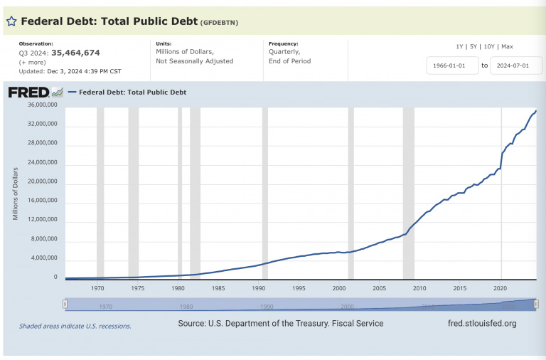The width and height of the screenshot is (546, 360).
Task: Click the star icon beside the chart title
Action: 11,21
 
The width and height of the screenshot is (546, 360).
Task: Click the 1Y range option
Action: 460,46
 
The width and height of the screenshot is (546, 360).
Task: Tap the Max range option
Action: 508,46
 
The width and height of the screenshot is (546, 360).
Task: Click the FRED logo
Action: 28,92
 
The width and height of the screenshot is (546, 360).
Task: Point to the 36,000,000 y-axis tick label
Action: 41,105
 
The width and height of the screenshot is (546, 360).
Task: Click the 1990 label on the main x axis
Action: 259,288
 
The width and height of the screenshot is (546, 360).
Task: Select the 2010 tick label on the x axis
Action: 419,288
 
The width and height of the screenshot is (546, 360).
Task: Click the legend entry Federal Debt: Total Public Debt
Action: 132,92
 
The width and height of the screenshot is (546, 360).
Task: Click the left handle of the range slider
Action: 65,305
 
